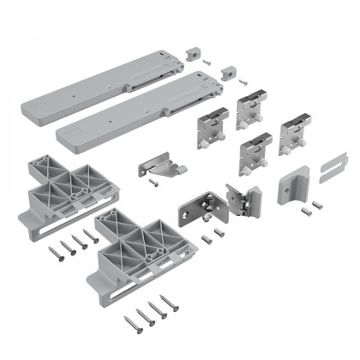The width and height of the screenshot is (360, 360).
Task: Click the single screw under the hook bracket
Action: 153,182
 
